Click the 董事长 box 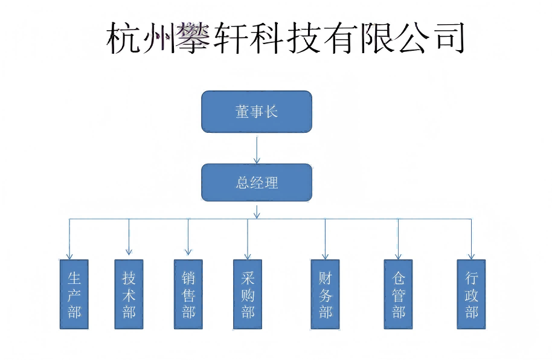(256, 111)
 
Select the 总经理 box (256, 182)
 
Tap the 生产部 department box (74, 294)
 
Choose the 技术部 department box (129, 294)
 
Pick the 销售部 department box (188, 294)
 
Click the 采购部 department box (247, 294)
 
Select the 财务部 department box (325, 294)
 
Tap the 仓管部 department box (398, 294)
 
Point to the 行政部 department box (471, 294)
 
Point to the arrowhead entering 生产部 (69, 256)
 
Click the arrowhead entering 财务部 (325, 256)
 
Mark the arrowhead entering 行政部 (471, 256)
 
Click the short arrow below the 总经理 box (257, 211)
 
